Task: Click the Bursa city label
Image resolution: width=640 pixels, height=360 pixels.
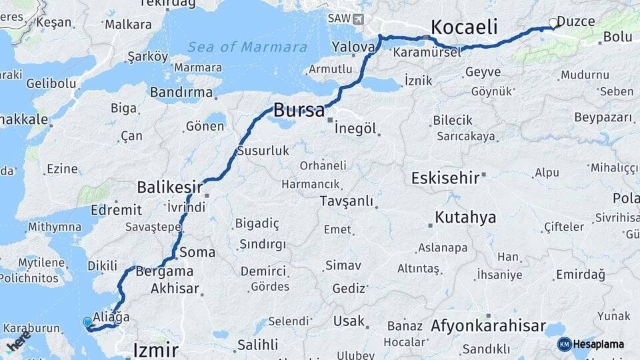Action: tap(299, 110)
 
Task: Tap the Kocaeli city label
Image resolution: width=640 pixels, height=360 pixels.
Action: tap(465, 27)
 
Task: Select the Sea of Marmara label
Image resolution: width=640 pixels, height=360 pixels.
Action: tap(247, 47)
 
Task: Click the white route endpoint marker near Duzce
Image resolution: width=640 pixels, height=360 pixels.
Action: tap(553, 23)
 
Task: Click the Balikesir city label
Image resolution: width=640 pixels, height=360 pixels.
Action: tap(169, 186)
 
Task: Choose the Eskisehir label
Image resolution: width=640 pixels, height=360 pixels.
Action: tap(445, 178)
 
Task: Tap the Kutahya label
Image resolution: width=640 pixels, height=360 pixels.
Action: tap(465, 217)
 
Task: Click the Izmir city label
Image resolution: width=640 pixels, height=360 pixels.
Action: tap(156, 349)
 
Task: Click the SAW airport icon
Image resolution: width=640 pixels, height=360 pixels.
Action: tap(359, 19)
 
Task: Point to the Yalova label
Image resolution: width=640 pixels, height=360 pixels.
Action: tap(353, 47)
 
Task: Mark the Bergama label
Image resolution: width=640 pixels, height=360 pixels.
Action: tap(165, 271)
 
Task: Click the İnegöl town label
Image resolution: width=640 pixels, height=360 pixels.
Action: tap(355, 128)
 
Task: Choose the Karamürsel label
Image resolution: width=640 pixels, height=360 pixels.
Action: tap(427, 52)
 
